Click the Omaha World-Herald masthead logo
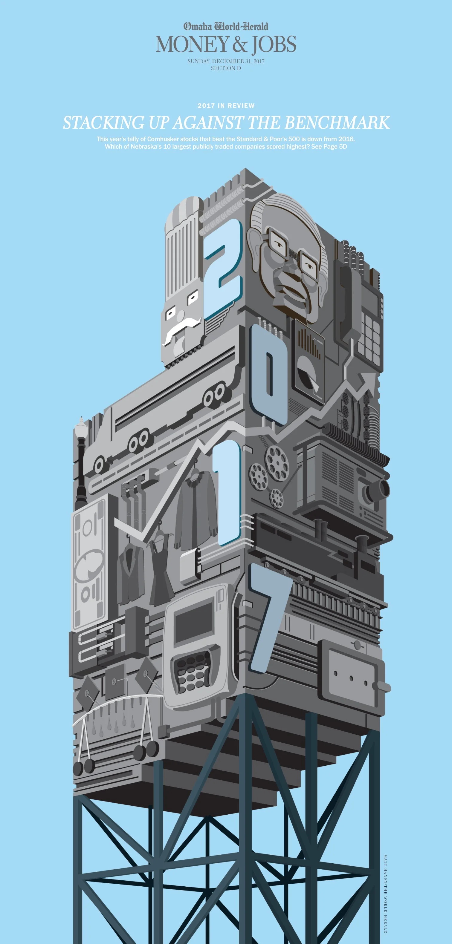pyautogui.click(x=226, y=26)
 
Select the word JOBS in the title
pyautogui.click(x=274, y=45)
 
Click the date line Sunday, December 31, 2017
pyautogui.click(x=226, y=61)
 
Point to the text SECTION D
pyautogui.click(x=226, y=68)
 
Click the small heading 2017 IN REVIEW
pyautogui.click(x=226, y=105)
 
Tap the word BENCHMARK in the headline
pyautogui.click(x=337, y=122)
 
